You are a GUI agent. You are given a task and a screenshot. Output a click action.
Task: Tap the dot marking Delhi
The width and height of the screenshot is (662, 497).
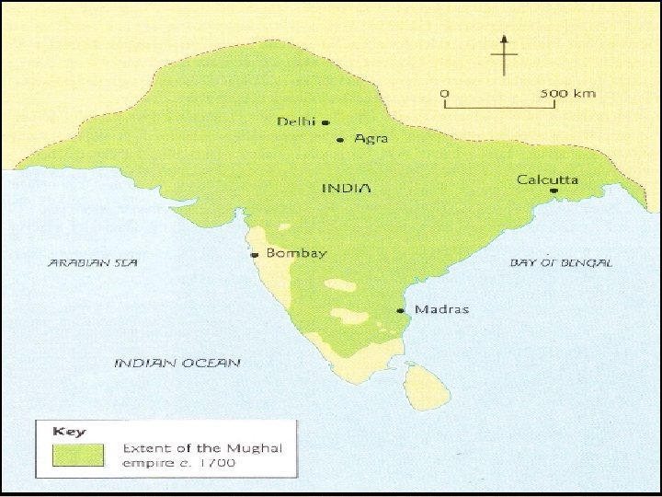pyautogui.click(x=325, y=121)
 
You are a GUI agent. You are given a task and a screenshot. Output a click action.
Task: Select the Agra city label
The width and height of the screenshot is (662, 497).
pyautogui.click(x=371, y=139)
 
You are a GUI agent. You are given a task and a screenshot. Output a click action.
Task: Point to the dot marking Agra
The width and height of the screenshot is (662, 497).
pyautogui.click(x=340, y=140)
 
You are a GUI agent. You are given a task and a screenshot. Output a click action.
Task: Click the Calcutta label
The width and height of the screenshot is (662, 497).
pyautogui.click(x=548, y=179)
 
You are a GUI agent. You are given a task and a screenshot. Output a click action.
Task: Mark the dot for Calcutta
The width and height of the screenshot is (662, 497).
pyautogui.click(x=554, y=191)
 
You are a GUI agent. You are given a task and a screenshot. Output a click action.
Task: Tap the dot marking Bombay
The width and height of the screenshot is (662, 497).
pyautogui.click(x=254, y=254)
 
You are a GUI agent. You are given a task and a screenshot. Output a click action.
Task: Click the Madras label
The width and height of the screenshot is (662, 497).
pyautogui.click(x=441, y=309)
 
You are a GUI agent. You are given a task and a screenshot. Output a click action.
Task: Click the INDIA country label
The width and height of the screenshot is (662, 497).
pyautogui.click(x=346, y=188)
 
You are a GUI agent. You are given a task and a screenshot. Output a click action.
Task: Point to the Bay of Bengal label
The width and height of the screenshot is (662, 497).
pyautogui.click(x=561, y=262)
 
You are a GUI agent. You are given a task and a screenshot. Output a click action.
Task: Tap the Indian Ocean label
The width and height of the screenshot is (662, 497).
pyautogui.click(x=177, y=363)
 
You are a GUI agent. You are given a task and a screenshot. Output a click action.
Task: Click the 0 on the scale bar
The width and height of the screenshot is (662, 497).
pyautogui.click(x=446, y=93)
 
